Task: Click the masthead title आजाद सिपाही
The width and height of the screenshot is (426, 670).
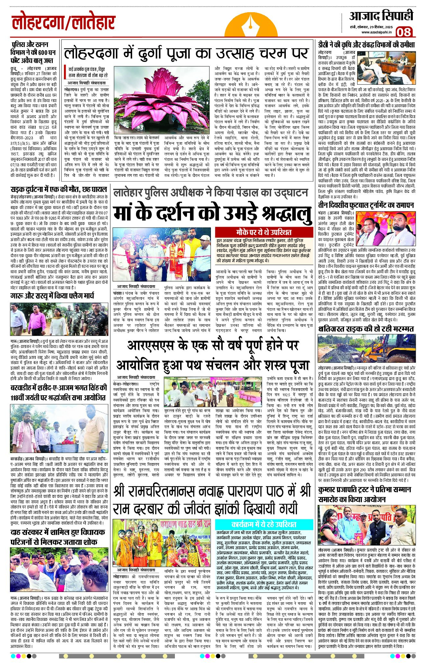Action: coord(381,16)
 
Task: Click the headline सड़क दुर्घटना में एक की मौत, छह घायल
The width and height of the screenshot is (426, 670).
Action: coord(59,189)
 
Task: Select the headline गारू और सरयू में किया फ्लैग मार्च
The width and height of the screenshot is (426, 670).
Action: coord(52,296)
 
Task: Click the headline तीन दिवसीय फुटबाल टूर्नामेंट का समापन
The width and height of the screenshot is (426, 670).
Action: coord(366,205)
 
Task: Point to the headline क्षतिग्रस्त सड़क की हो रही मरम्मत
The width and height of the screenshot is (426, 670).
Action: coord(366,329)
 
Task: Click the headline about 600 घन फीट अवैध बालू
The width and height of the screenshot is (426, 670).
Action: coord(33,52)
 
